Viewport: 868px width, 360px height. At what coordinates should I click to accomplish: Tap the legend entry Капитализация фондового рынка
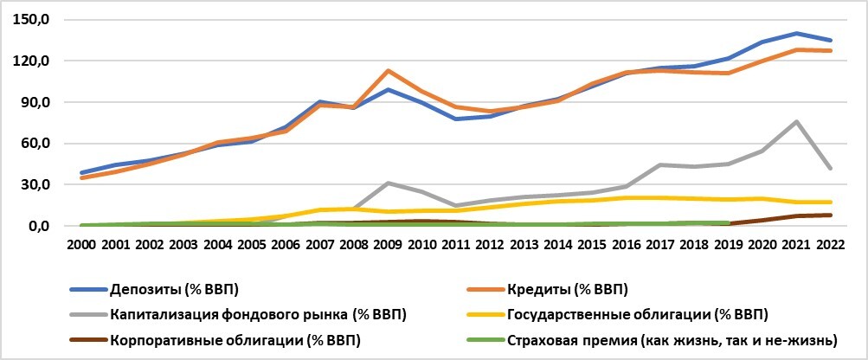pyautogui.click(x=258, y=312)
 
